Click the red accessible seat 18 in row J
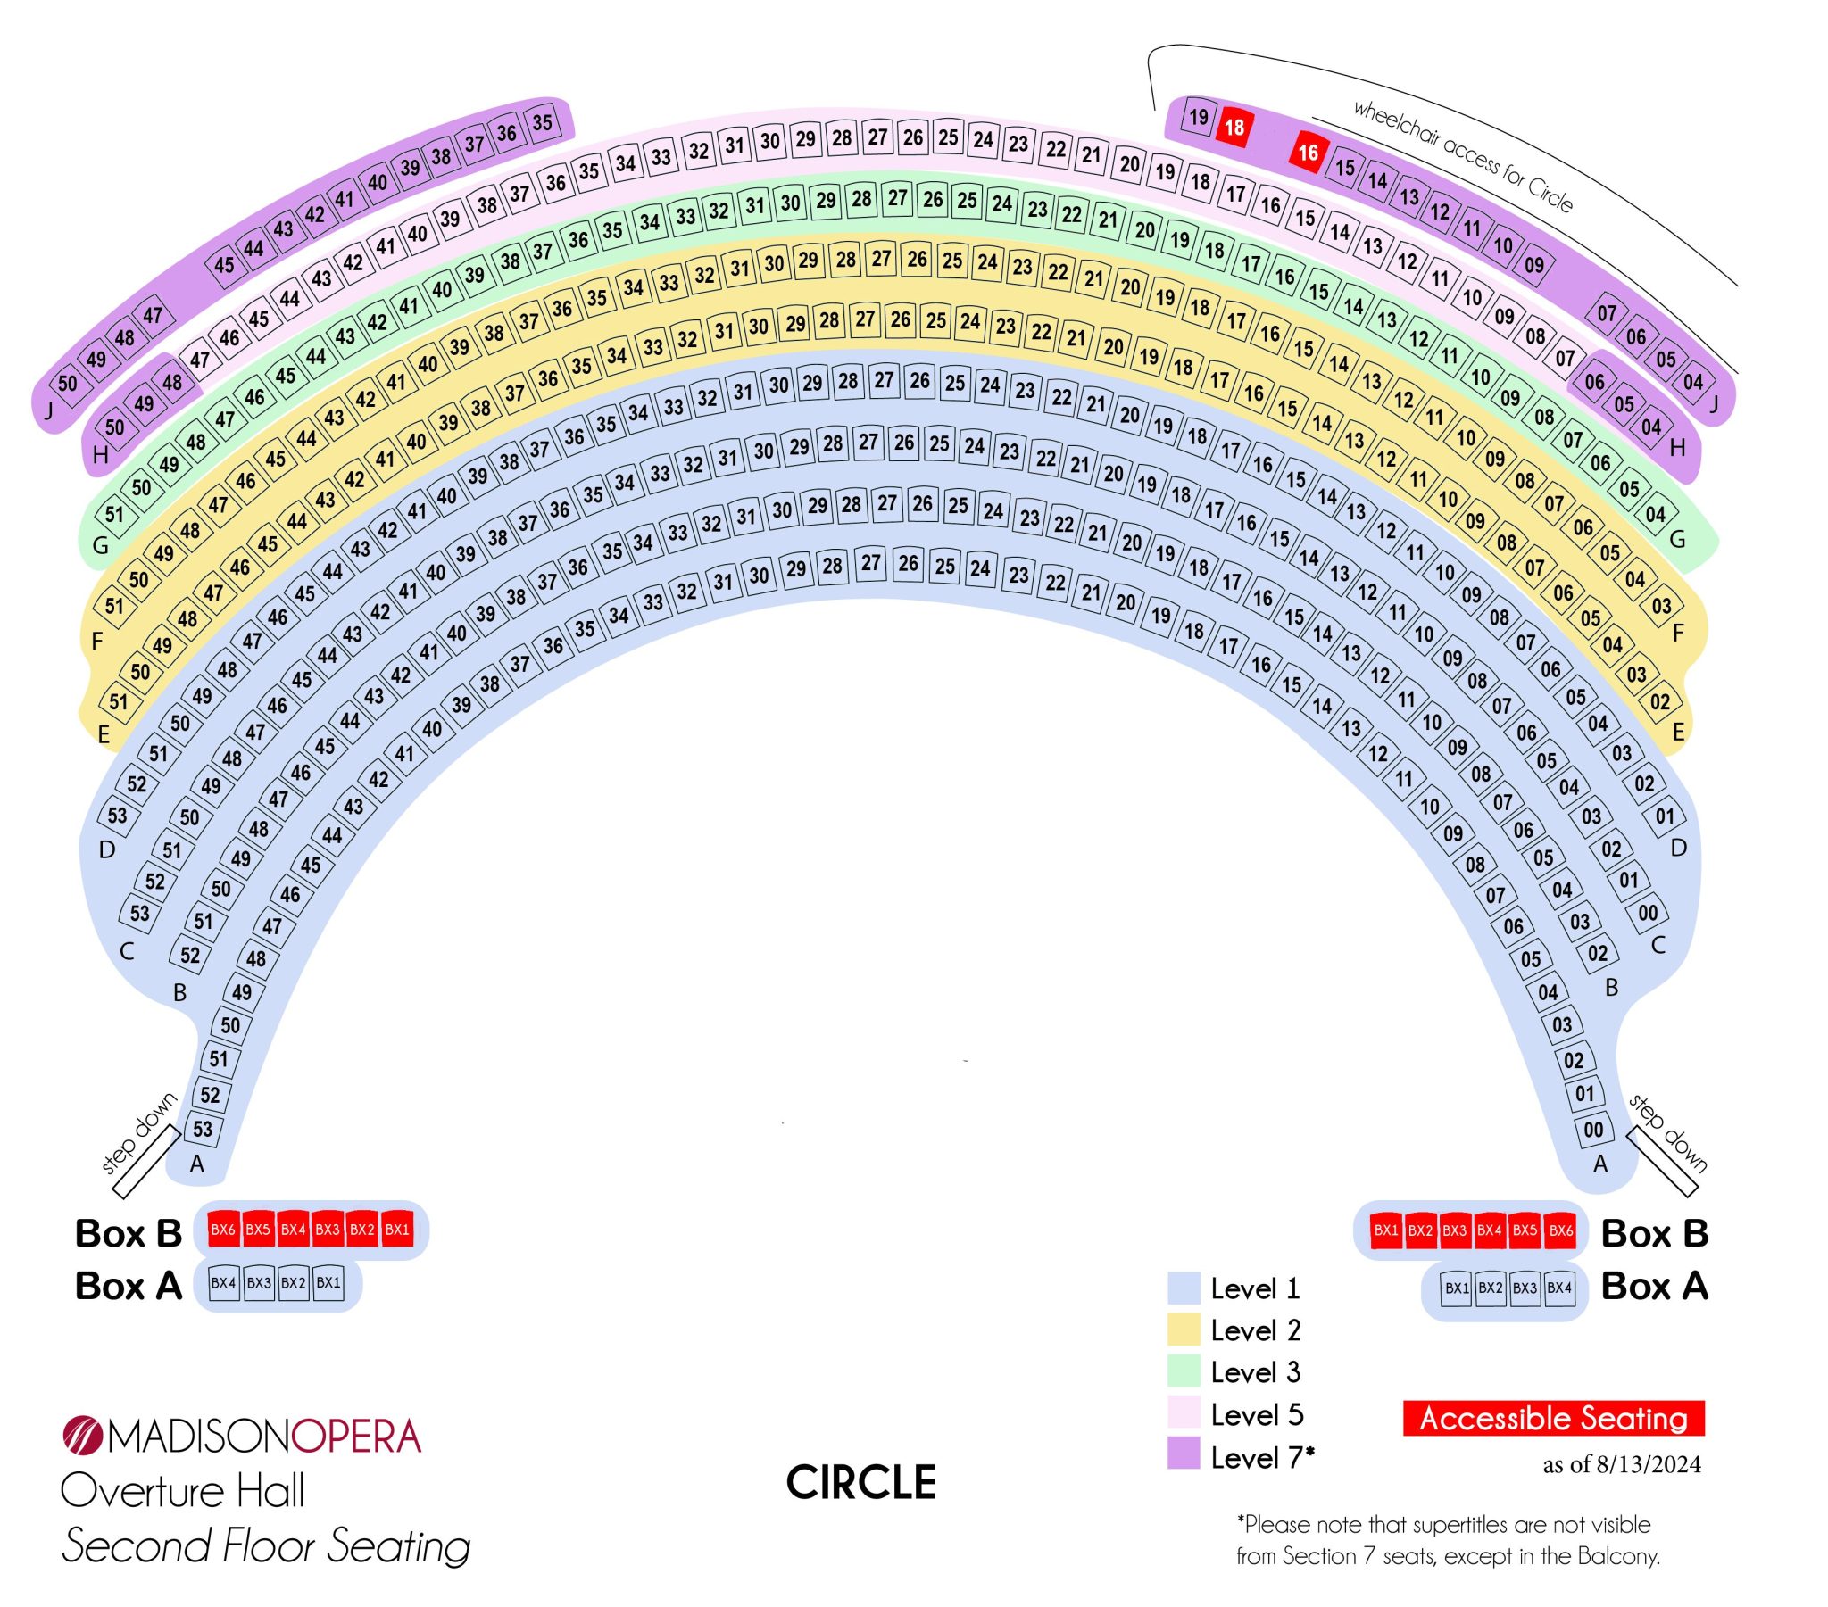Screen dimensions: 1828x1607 click(x=1234, y=128)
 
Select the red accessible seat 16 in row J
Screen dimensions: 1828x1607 click(x=1308, y=153)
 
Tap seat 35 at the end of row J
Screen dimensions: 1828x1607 click(x=543, y=122)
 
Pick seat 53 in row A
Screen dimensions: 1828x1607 click(x=203, y=1129)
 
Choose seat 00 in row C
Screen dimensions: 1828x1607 click(x=1648, y=913)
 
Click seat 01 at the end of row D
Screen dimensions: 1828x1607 click(x=1665, y=816)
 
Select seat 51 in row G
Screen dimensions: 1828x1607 click(x=114, y=514)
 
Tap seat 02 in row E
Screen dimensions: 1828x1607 click(x=1660, y=701)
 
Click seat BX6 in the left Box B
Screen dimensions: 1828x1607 click(x=222, y=1230)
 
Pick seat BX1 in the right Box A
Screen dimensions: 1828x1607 click(x=1457, y=1288)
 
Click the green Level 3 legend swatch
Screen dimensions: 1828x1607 click(x=1184, y=1371)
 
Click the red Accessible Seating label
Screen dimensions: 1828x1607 click(x=1553, y=1419)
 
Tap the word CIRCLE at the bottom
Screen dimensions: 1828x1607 click(x=861, y=1484)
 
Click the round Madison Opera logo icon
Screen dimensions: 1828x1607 click(x=83, y=1436)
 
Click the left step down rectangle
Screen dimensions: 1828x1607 click(x=145, y=1162)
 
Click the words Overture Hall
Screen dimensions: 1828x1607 click(x=182, y=1491)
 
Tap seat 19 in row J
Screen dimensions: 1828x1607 click(x=1199, y=116)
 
